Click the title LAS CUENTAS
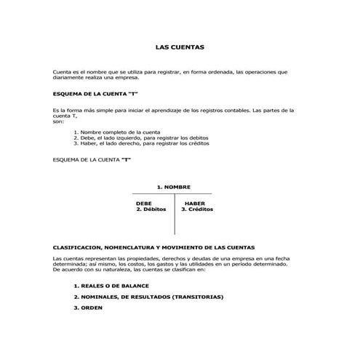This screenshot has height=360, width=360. click(x=180, y=47)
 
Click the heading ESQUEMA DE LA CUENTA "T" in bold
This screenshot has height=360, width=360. click(x=96, y=95)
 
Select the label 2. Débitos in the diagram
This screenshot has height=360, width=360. click(x=151, y=209)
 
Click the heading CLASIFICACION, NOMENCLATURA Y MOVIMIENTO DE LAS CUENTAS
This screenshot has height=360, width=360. click(x=153, y=247)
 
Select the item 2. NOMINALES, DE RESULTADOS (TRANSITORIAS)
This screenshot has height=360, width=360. click(x=148, y=297)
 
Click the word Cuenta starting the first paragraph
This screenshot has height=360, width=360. click(x=63, y=72)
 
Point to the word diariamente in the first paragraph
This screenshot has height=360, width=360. click(x=69, y=77)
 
